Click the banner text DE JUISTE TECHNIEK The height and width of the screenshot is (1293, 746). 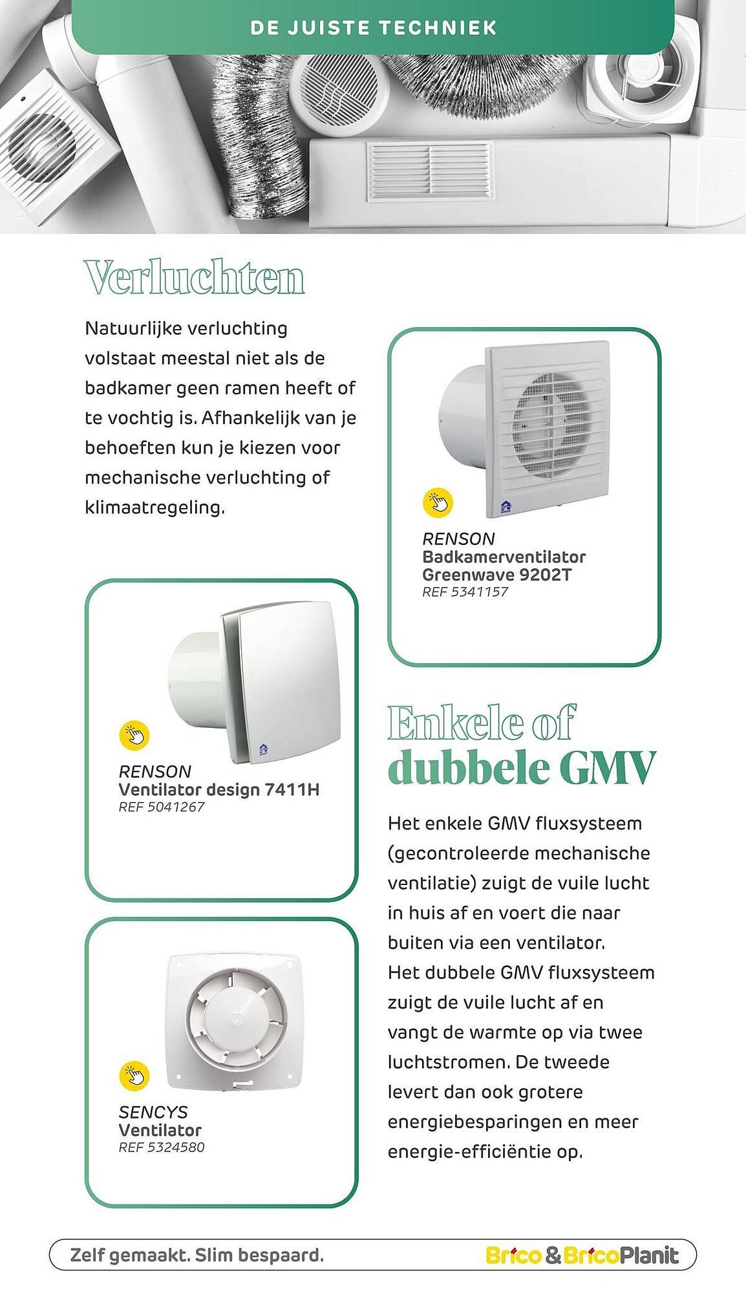pos(373,28)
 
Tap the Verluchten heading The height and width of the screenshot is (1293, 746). pos(194,278)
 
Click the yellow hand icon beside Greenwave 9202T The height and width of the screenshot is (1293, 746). pos(438,502)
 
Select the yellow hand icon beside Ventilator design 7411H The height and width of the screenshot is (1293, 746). pos(134,735)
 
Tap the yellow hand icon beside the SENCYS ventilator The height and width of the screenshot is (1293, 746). pos(134,1076)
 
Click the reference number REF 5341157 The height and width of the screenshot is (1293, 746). pos(465,592)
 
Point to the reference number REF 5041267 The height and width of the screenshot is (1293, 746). pos(162,807)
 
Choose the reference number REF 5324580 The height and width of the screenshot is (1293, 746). pos(162,1148)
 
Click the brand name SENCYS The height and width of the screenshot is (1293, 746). pos(153,1112)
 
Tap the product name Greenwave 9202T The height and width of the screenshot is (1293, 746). pos(496,575)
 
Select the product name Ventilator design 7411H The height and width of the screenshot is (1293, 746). pos(218,789)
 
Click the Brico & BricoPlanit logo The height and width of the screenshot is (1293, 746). pos(582,1256)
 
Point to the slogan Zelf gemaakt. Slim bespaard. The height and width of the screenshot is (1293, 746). pos(197,1256)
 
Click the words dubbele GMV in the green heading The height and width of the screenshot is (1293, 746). pos(521,768)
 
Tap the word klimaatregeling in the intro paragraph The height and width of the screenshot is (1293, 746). pos(155,508)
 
